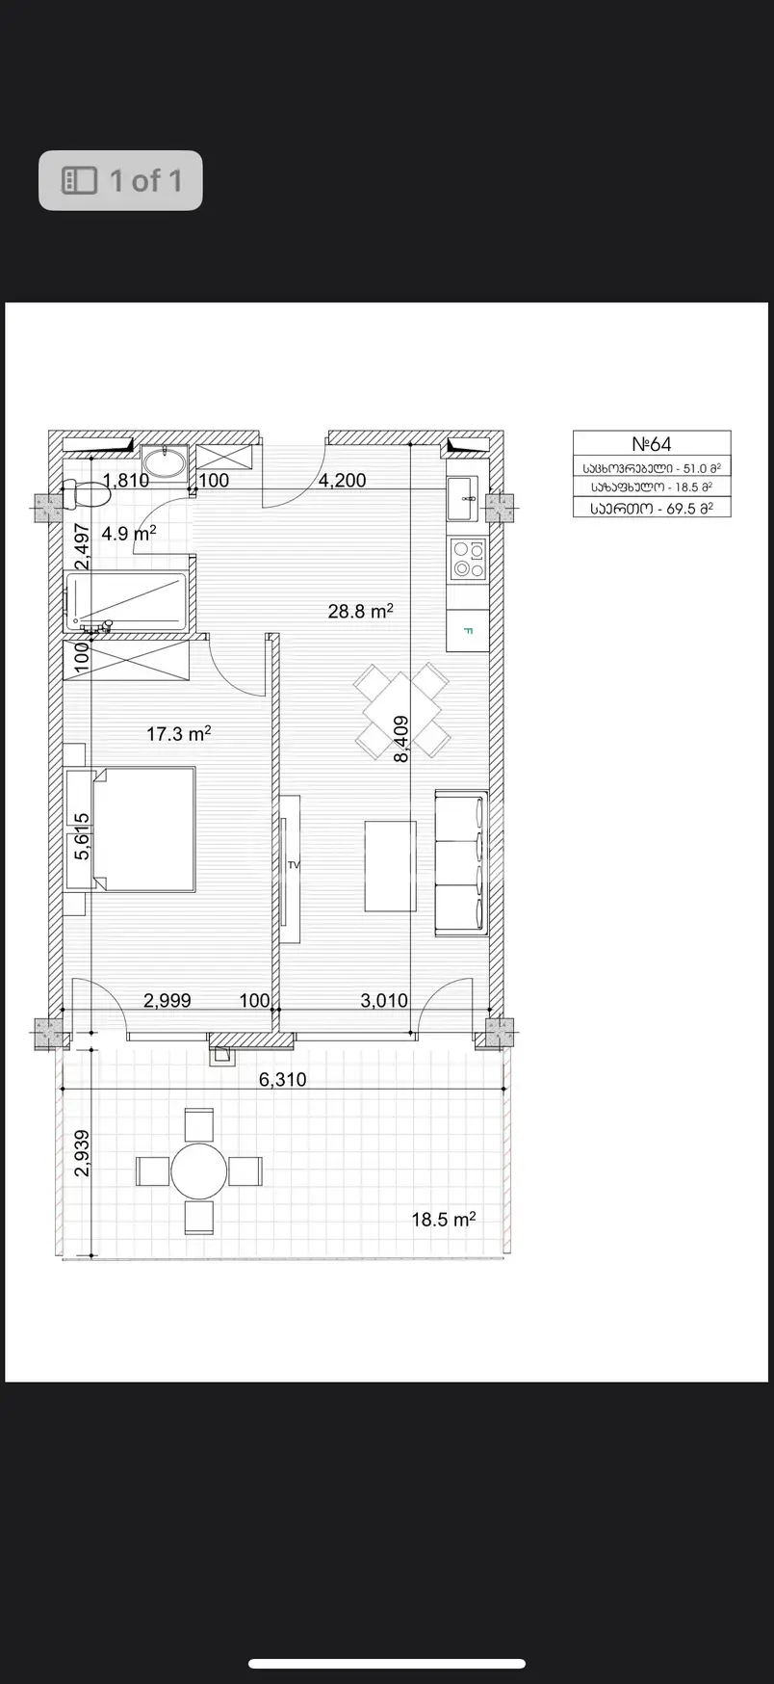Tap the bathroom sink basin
coord(165,462)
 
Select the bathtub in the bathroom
coord(125,601)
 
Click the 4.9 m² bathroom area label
coord(129,533)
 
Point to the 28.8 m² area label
coord(360,610)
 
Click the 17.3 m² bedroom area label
coord(179,733)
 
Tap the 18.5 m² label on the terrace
coord(444,1220)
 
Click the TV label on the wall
coord(294,865)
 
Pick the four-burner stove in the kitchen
coord(469,559)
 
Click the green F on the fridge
coord(469,632)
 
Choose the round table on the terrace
coord(199,1171)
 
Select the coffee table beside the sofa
coord(390,865)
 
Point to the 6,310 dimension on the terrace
coord(283,1079)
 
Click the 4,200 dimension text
coord(343,480)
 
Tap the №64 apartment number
coord(652,444)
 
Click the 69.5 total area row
coord(652,508)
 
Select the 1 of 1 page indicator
coord(120,180)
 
